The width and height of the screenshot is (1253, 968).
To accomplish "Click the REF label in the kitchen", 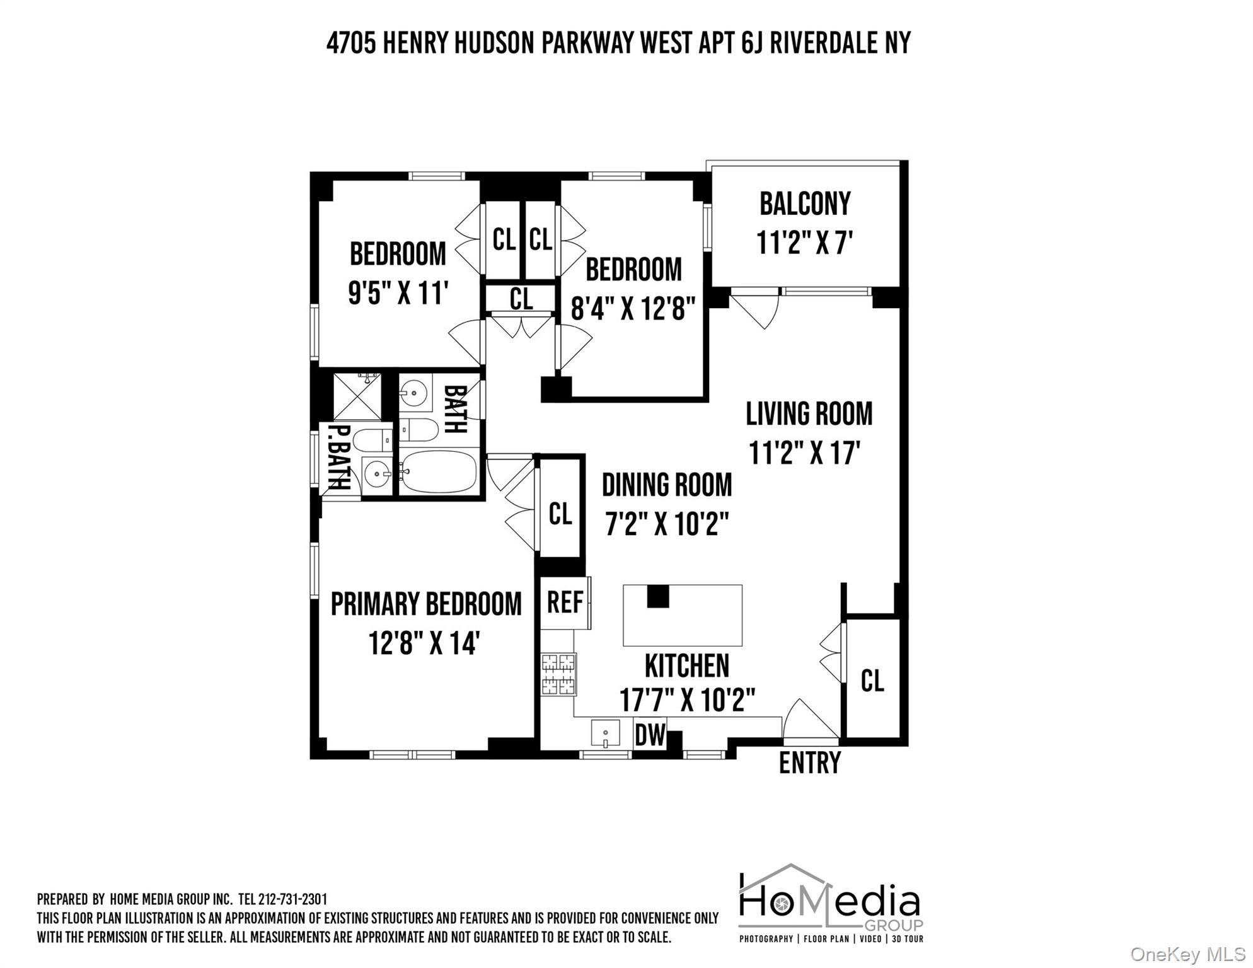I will (565, 602).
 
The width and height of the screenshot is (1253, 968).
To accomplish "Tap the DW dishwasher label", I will (649, 735).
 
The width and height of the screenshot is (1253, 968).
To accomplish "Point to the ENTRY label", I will (809, 763).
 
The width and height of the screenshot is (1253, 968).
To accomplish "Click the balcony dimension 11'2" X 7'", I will (804, 243).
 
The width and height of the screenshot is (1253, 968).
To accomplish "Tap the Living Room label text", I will (809, 414).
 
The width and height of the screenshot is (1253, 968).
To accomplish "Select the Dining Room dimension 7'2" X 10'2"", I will (667, 524).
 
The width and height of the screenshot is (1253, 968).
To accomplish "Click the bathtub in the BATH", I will (439, 473).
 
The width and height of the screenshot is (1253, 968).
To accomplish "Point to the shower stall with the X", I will (357, 396).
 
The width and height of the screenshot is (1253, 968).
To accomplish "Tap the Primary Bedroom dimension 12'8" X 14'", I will (425, 644).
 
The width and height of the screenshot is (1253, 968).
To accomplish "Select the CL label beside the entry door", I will (872, 681).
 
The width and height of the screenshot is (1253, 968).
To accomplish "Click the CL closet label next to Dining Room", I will (560, 514).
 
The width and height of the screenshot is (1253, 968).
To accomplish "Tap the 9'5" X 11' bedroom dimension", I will (398, 294).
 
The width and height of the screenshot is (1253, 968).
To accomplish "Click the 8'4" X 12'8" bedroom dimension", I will (633, 309).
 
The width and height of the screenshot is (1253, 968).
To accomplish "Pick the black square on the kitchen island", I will (657, 596).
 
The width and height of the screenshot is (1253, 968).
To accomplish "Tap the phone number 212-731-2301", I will (292, 899).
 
